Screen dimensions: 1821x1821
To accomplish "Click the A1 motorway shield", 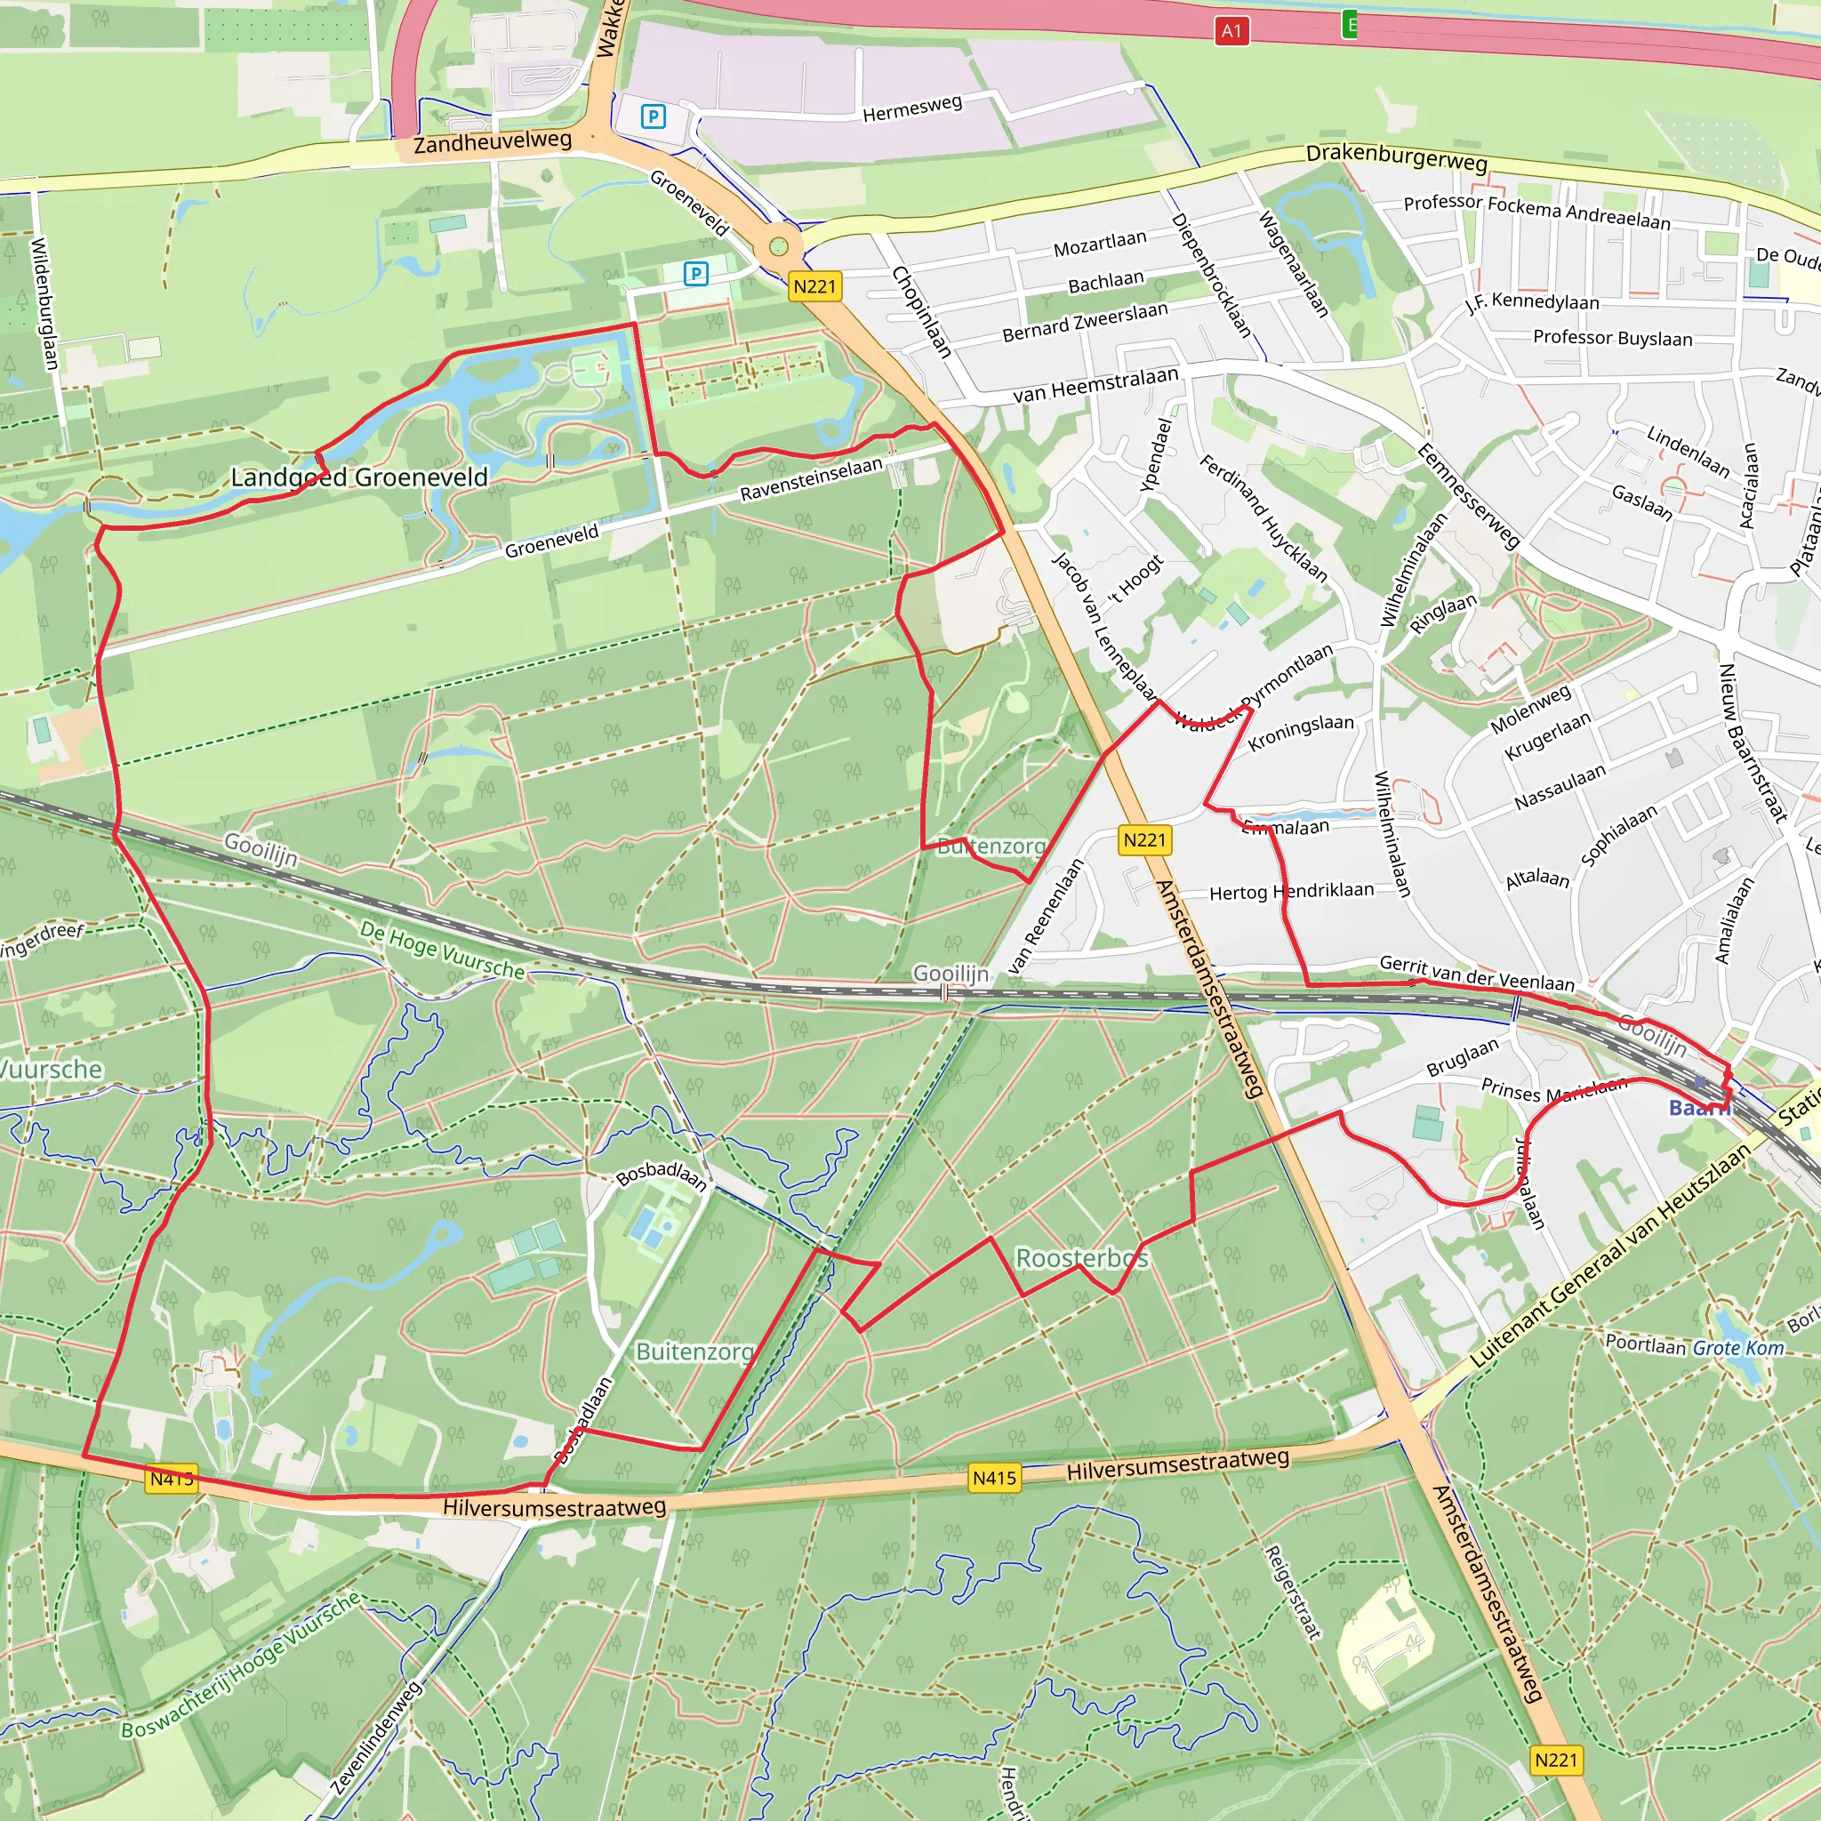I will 1231,31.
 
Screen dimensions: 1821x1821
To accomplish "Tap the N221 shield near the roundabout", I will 814,286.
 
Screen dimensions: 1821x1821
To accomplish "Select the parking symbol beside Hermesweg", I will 654,116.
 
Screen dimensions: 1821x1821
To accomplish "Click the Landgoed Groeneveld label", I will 359,477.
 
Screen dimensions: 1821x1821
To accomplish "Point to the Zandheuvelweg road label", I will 492,142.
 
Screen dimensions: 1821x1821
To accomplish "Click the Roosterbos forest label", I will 1081,1257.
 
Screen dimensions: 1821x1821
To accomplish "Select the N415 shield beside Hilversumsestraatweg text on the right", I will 994,1478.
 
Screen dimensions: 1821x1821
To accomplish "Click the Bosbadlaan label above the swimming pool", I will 662,1175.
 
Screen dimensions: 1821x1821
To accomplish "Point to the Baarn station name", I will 1697,1109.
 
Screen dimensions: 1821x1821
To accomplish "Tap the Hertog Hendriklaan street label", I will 1291,891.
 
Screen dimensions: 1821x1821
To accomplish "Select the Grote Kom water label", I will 1738,1348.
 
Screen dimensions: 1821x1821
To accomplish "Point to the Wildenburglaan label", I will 44,303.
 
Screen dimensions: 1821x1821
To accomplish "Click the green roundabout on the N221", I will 778,247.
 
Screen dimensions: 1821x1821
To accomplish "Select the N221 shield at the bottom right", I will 1555,1760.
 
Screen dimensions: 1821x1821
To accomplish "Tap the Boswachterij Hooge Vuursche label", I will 240,1665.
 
